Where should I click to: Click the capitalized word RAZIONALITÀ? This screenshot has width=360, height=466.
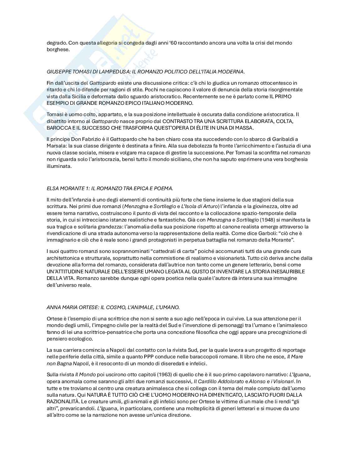click(63, 402)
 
